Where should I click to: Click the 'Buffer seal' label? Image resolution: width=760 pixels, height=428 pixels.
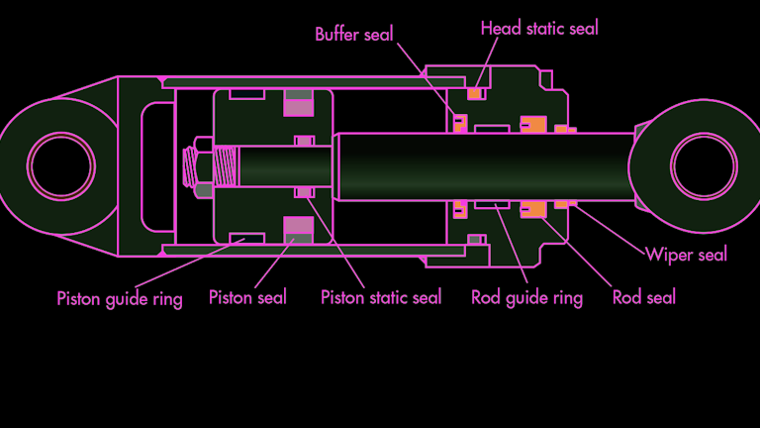pyautogui.click(x=353, y=35)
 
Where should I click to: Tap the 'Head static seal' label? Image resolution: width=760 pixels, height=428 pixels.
pyautogui.click(x=539, y=29)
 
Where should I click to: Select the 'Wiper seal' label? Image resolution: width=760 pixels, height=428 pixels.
pyautogui.click(x=686, y=255)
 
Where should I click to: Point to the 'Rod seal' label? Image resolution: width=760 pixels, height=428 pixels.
pyautogui.click(x=644, y=297)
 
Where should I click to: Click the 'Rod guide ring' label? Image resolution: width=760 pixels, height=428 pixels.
pyautogui.click(x=526, y=297)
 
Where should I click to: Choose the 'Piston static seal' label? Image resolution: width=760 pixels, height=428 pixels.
pyautogui.click(x=381, y=297)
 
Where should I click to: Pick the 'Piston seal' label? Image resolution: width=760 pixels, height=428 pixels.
pyautogui.click(x=247, y=297)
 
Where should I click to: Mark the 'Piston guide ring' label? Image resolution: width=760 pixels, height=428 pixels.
pyautogui.click(x=119, y=298)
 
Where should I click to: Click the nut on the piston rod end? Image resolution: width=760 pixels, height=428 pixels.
pyautogui.click(x=198, y=164)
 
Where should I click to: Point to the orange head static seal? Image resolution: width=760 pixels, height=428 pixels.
pyautogui.click(x=475, y=94)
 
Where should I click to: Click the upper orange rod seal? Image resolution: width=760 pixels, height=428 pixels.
pyautogui.click(x=532, y=126)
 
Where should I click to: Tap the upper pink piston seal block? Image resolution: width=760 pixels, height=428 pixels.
pyautogui.click(x=299, y=102)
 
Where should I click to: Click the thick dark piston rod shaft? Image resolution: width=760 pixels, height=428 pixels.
pyautogui.click(x=475, y=164)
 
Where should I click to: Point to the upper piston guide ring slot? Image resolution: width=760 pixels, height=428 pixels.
pyautogui.click(x=246, y=95)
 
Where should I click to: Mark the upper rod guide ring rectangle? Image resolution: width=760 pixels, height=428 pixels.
pyautogui.click(x=492, y=129)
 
